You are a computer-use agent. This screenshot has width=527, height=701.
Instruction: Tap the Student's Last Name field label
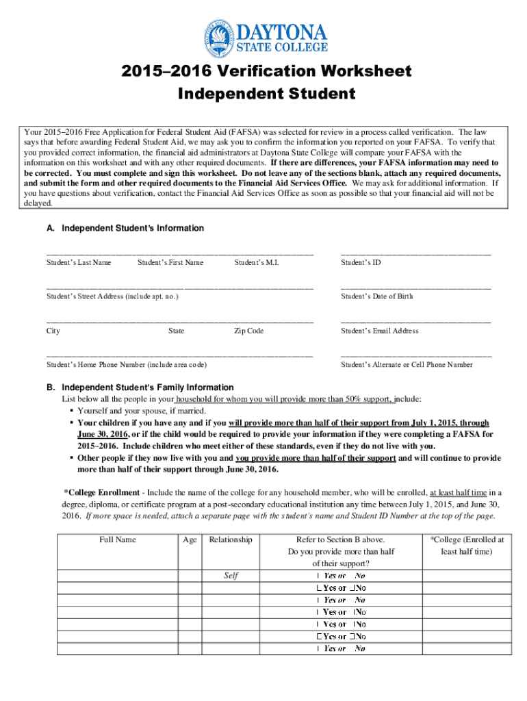[79, 262]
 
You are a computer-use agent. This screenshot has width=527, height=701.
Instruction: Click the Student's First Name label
[170, 262]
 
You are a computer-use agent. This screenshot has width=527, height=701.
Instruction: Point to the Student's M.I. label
[257, 262]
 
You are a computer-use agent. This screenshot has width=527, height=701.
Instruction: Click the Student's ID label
[361, 262]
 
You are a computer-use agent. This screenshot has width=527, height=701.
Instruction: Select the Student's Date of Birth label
[377, 296]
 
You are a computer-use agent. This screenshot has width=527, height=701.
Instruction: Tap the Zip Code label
[248, 331]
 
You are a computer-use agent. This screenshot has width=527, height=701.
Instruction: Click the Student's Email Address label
[380, 331]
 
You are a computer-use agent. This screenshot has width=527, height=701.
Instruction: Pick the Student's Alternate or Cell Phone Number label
[407, 365]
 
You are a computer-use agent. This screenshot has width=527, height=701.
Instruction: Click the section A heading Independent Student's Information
[126, 228]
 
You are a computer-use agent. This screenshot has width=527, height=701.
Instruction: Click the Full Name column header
[118, 539]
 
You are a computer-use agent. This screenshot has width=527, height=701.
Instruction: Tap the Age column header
[190, 539]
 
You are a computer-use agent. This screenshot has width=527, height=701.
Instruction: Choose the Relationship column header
[231, 539]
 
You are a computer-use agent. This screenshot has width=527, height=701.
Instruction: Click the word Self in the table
[231, 575]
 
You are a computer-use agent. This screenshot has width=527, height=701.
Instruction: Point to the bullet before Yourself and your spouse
[71, 411]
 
